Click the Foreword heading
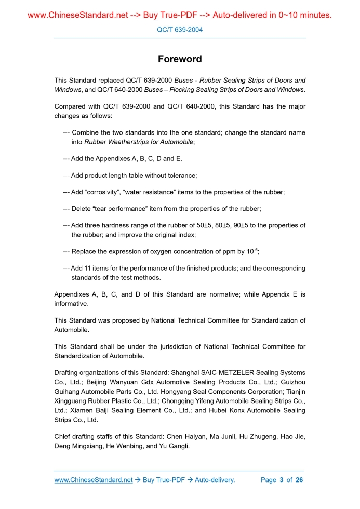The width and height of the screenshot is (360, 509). pos(180,59)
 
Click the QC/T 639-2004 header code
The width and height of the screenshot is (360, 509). pos(180,30)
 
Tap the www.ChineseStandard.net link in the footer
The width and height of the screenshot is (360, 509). pos(94,480)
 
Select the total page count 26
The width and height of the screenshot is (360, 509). pos(299,480)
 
